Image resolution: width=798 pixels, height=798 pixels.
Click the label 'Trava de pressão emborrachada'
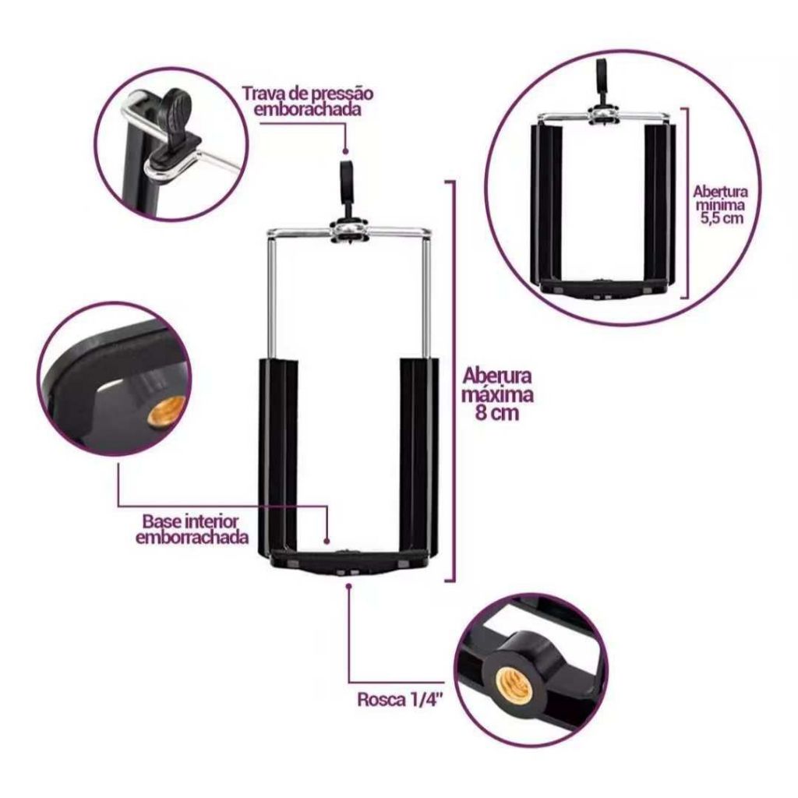(x=307, y=101)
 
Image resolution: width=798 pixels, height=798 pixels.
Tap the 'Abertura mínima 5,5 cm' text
(x=720, y=205)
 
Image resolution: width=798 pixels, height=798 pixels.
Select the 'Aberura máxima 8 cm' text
(x=496, y=394)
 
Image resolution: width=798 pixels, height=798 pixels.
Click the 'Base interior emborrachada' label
(x=192, y=529)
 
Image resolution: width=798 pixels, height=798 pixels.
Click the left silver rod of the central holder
(x=271, y=295)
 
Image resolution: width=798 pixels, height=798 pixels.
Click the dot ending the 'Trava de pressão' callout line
(x=345, y=151)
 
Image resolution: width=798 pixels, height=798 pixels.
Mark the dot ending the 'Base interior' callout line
(x=327, y=542)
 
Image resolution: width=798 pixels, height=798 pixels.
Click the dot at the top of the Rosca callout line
(x=348, y=586)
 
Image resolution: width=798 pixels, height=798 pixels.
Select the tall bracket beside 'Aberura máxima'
(x=450, y=380)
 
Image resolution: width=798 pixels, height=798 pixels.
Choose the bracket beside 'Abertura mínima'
(x=686, y=203)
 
